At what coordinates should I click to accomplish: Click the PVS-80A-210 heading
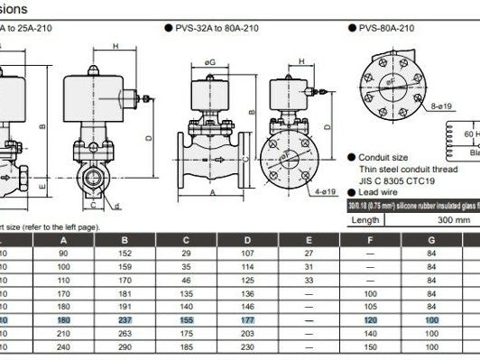coord(391,28)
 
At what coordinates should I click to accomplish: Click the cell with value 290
coord(125,346)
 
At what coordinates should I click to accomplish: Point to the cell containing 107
coord(247,254)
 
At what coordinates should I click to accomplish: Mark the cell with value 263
coord(125,333)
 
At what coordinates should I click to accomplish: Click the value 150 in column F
coord(370,346)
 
